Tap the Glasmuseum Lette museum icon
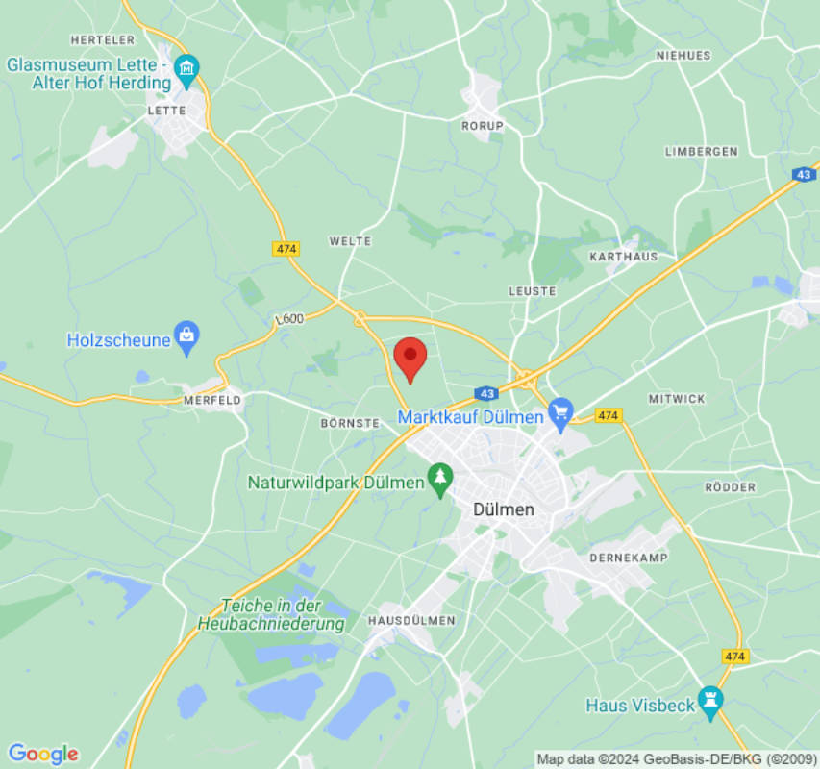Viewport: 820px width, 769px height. click(x=186, y=67)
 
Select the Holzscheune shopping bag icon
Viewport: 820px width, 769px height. click(x=186, y=336)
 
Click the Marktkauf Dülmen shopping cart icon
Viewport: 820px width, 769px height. click(x=559, y=414)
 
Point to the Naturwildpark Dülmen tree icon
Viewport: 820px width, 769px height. click(x=440, y=480)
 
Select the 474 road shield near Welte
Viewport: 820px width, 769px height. click(x=286, y=248)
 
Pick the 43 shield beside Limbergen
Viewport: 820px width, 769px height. click(x=805, y=174)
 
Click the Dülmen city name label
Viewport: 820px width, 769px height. click(x=504, y=510)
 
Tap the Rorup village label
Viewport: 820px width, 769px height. click(x=482, y=126)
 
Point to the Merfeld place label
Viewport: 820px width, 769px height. click(x=211, y=399)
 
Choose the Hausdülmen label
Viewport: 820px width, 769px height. click(x=411, y=620)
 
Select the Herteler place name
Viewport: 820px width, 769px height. click(x=103, y=39)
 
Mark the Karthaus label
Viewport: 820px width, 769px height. click(x=623, y=257)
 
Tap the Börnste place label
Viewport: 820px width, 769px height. click(x=350, y=422)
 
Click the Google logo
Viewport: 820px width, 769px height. click(x=42, y=754)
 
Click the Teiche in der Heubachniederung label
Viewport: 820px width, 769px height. click(x=271, y=615)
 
